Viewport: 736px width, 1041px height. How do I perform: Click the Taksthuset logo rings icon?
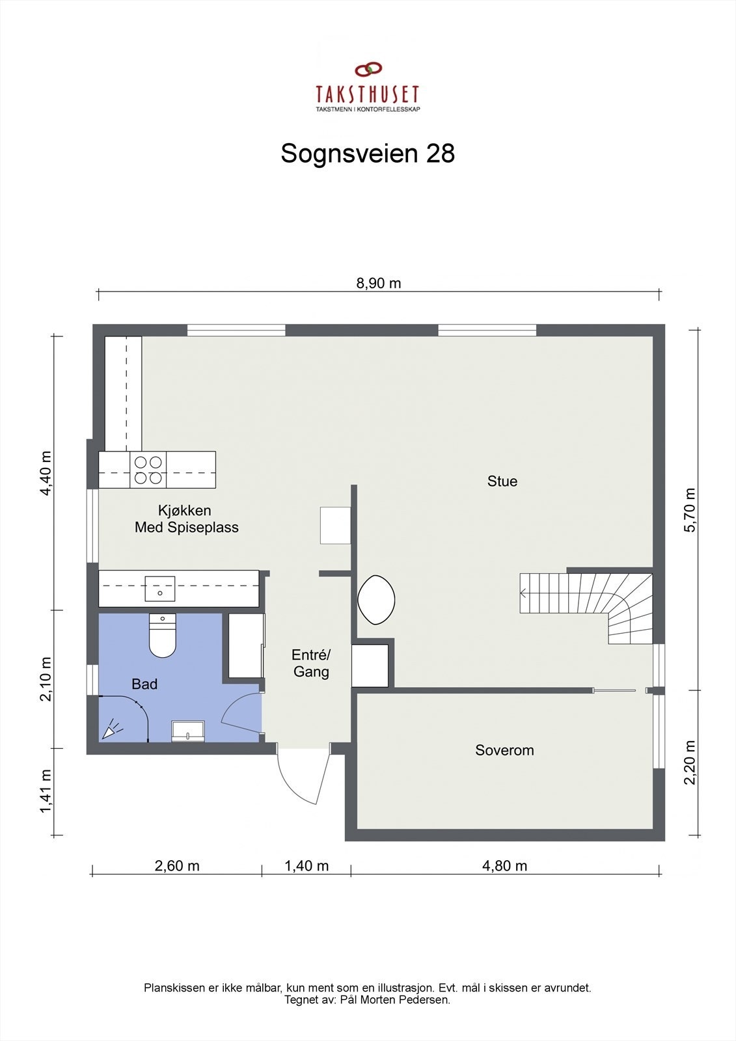click(368, 68)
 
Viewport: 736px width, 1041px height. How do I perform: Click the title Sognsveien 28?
click(368, 154)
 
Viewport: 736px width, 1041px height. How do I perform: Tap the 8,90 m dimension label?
click(378, 283)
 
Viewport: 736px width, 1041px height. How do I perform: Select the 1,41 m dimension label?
click(46, 791)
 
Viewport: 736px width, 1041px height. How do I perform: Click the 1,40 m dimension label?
click(307, 866)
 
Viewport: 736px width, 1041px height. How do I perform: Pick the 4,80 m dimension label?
click(504, 866)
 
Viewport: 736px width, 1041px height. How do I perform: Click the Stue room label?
click(502, 481)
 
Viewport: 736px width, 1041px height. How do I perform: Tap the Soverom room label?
click(504, 750)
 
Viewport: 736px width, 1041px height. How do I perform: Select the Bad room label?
click(144, 684)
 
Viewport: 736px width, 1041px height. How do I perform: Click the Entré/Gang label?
click(311, 663)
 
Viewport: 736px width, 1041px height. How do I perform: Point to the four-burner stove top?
click(148, 470)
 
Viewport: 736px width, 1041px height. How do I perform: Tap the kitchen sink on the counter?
click(160, 588)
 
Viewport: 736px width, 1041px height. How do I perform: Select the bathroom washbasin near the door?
click(187, 731)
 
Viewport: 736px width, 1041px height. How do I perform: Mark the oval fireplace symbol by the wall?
click(376, 600)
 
